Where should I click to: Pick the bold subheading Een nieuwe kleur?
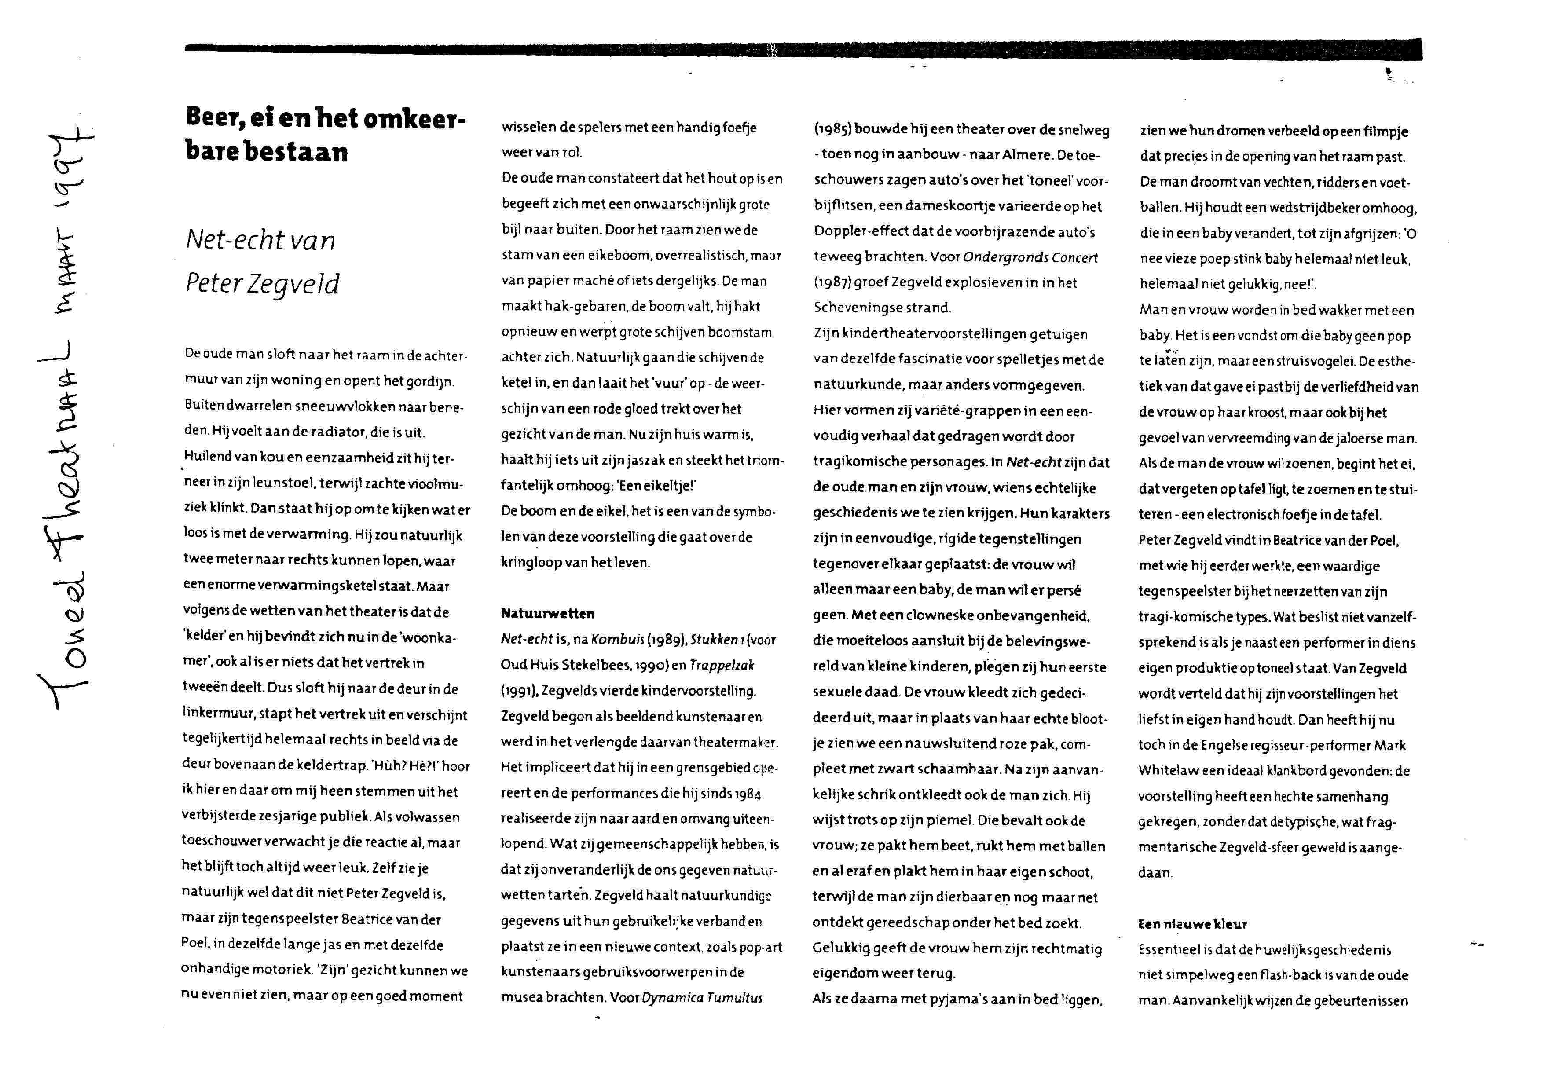click(1192, 924)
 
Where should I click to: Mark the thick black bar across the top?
click(803, 49)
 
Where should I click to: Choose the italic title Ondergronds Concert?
click(1030, 258)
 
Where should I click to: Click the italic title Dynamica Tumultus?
click(702, 998)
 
